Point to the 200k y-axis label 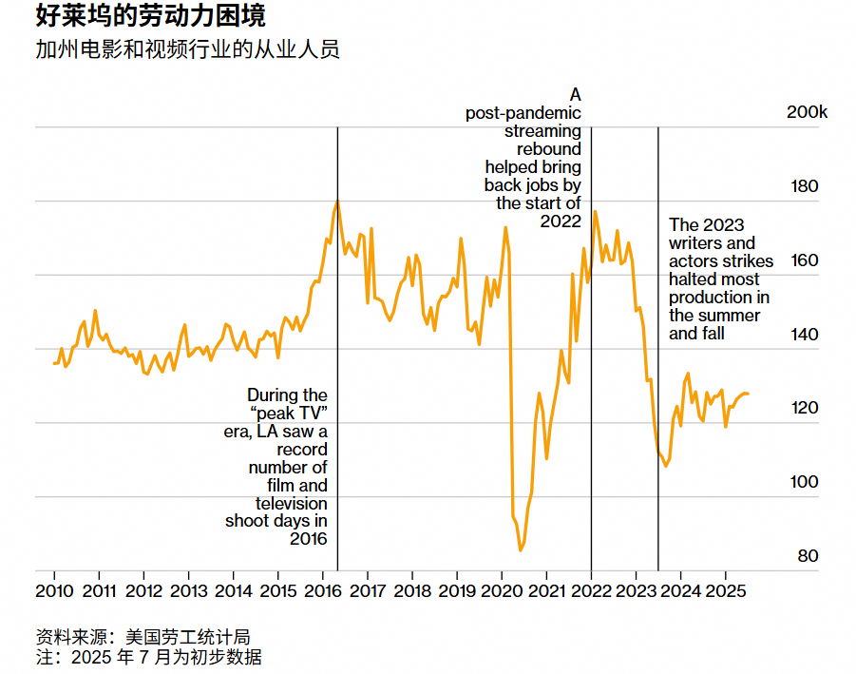[808, 112]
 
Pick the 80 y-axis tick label [807, 556]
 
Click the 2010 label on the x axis [54, 590]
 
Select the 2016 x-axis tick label [323, 590]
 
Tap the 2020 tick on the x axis [502, 590]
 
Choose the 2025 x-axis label [726, 590]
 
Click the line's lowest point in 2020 [521, 550]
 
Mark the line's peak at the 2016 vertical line [337, 201]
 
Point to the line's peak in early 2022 [595, 211]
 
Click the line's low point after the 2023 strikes [666, 466]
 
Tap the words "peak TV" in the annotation [293, 414]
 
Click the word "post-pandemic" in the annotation [523, 113]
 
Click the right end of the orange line [748, 394]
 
